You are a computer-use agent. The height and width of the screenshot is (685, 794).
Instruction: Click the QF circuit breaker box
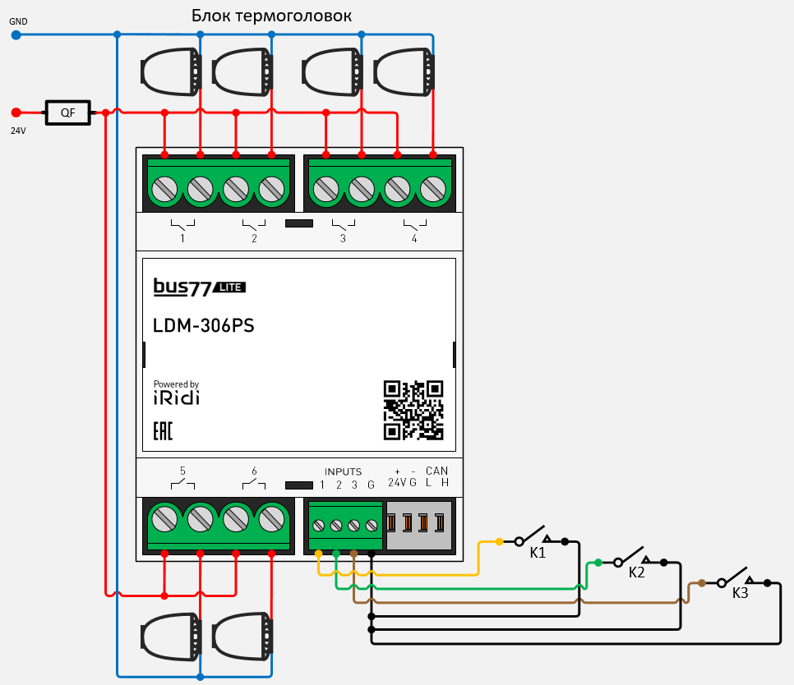pos(67,113)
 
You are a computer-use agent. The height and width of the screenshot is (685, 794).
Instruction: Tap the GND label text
pos(18,21)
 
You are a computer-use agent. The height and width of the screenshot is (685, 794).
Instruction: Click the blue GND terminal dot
pos(16,34)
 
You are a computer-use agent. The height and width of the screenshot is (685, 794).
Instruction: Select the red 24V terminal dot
pos(16,113)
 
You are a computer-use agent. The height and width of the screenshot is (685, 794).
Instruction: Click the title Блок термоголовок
pos(271,16)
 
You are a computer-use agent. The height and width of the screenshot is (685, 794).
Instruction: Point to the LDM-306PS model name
pos(204,326)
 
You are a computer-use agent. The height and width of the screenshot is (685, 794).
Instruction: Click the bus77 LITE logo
pos(199,287)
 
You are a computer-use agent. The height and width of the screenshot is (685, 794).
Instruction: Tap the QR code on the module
pos(413,410)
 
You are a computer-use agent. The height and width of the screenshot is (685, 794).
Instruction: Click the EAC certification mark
pos(163,432)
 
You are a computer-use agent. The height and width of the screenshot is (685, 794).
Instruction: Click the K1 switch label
pos(538,554)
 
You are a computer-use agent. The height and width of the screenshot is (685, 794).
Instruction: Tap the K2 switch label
pos(636,572)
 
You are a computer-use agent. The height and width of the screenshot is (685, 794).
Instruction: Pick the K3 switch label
pos(740,592)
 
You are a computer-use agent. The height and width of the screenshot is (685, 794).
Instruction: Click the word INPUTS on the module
pos(343,471)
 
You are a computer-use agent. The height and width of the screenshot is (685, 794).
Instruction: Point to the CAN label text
pos(437,471)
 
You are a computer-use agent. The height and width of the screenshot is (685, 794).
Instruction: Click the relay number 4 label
pos(414,239)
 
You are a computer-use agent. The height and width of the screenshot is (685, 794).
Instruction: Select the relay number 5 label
pos(182,471)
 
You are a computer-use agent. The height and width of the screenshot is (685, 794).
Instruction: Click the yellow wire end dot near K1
pos(499,542)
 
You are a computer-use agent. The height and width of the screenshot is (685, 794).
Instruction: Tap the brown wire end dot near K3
pos(701,583)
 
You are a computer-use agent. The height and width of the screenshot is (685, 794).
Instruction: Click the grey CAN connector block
pos(419,524)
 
